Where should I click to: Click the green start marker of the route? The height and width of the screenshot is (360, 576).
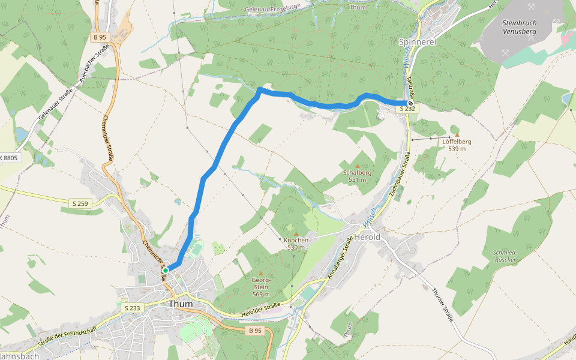point(166,271)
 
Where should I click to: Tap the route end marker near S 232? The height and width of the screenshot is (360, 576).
point(410,103)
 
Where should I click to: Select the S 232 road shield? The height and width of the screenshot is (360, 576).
point(407,109)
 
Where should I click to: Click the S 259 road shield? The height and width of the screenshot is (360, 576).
point(79,204)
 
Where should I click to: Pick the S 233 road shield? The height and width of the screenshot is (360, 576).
point(131,308)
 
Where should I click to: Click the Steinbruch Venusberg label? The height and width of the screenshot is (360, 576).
point(518,26)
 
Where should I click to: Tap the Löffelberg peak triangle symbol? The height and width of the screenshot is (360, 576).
point(457,134)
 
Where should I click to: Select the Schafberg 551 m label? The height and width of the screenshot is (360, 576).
point(358,175)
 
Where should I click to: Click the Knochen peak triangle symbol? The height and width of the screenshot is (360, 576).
point(296,233)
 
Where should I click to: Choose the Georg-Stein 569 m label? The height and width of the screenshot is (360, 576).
point(260,287)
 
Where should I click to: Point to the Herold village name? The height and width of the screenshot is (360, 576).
point(367,238)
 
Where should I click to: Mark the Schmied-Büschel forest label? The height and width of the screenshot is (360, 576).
point(504,256)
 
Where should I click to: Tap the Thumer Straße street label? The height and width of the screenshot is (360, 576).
point(442,305)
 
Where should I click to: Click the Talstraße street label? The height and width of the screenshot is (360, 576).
point(409,84)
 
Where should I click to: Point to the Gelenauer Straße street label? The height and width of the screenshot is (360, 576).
point(55,103)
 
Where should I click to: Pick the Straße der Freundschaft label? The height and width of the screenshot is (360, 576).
point(67,339)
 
